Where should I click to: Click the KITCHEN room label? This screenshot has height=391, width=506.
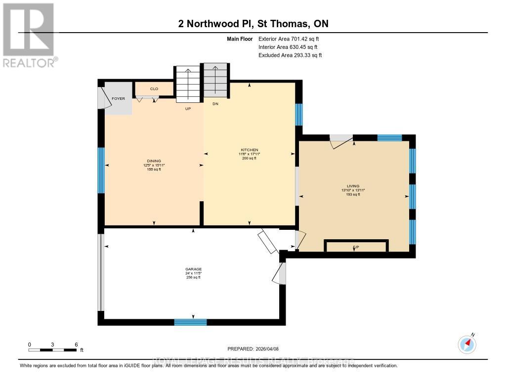(249, 150)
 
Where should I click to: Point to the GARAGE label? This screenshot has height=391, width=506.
(193, 269)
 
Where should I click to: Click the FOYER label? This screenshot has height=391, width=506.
(119, 98)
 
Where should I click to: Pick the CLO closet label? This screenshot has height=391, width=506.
(154, 88)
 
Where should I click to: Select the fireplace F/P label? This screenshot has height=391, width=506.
(355, 246)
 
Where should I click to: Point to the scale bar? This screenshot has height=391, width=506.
(52, 350)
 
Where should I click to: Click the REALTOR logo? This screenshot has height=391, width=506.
(29, 35)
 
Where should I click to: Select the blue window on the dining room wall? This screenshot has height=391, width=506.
(101, 171)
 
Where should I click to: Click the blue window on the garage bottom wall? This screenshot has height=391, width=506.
(190, 322)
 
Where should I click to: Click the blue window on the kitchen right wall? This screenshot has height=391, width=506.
(299, 115)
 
